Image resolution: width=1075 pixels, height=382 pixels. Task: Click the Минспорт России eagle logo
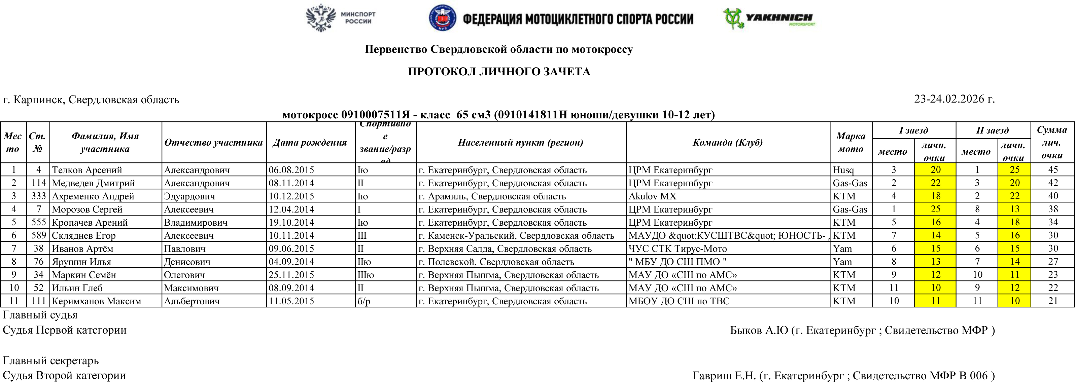click(x=320, y=18)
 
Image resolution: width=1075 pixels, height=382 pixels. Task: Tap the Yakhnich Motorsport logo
click(x=769, y=19)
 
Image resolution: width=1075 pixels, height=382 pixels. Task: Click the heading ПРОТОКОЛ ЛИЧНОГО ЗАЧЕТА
click(x=499, y=72)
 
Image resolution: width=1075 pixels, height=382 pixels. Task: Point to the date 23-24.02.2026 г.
click(x=954, y=99)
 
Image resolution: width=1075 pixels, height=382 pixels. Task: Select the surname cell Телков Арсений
click(x=87, y=170)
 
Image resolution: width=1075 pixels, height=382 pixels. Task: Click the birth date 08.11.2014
click(x=291, y=183)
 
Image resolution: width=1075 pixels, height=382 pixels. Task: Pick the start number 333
click(x=38, y=196)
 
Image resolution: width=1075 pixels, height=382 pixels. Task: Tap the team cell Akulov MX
click(x=652, y=196)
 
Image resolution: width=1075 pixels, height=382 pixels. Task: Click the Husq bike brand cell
click(x=843, y=170)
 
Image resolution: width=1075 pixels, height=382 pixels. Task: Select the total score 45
click(x=1053, y=170)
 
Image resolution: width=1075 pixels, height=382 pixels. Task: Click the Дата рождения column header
click(x=310, y=143)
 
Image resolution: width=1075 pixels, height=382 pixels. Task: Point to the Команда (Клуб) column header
click(x=728, y=143)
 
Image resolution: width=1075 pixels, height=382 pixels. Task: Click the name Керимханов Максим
click(x=96, y=301)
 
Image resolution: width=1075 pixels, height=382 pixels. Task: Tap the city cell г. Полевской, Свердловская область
click(x=496, y=262)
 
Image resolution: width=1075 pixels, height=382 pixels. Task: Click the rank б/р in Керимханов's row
click(x=363, y=301)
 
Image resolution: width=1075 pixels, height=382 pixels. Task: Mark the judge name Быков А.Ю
click(x=759, y=330)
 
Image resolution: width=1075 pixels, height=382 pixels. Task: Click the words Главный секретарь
click(x=50, y=360)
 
